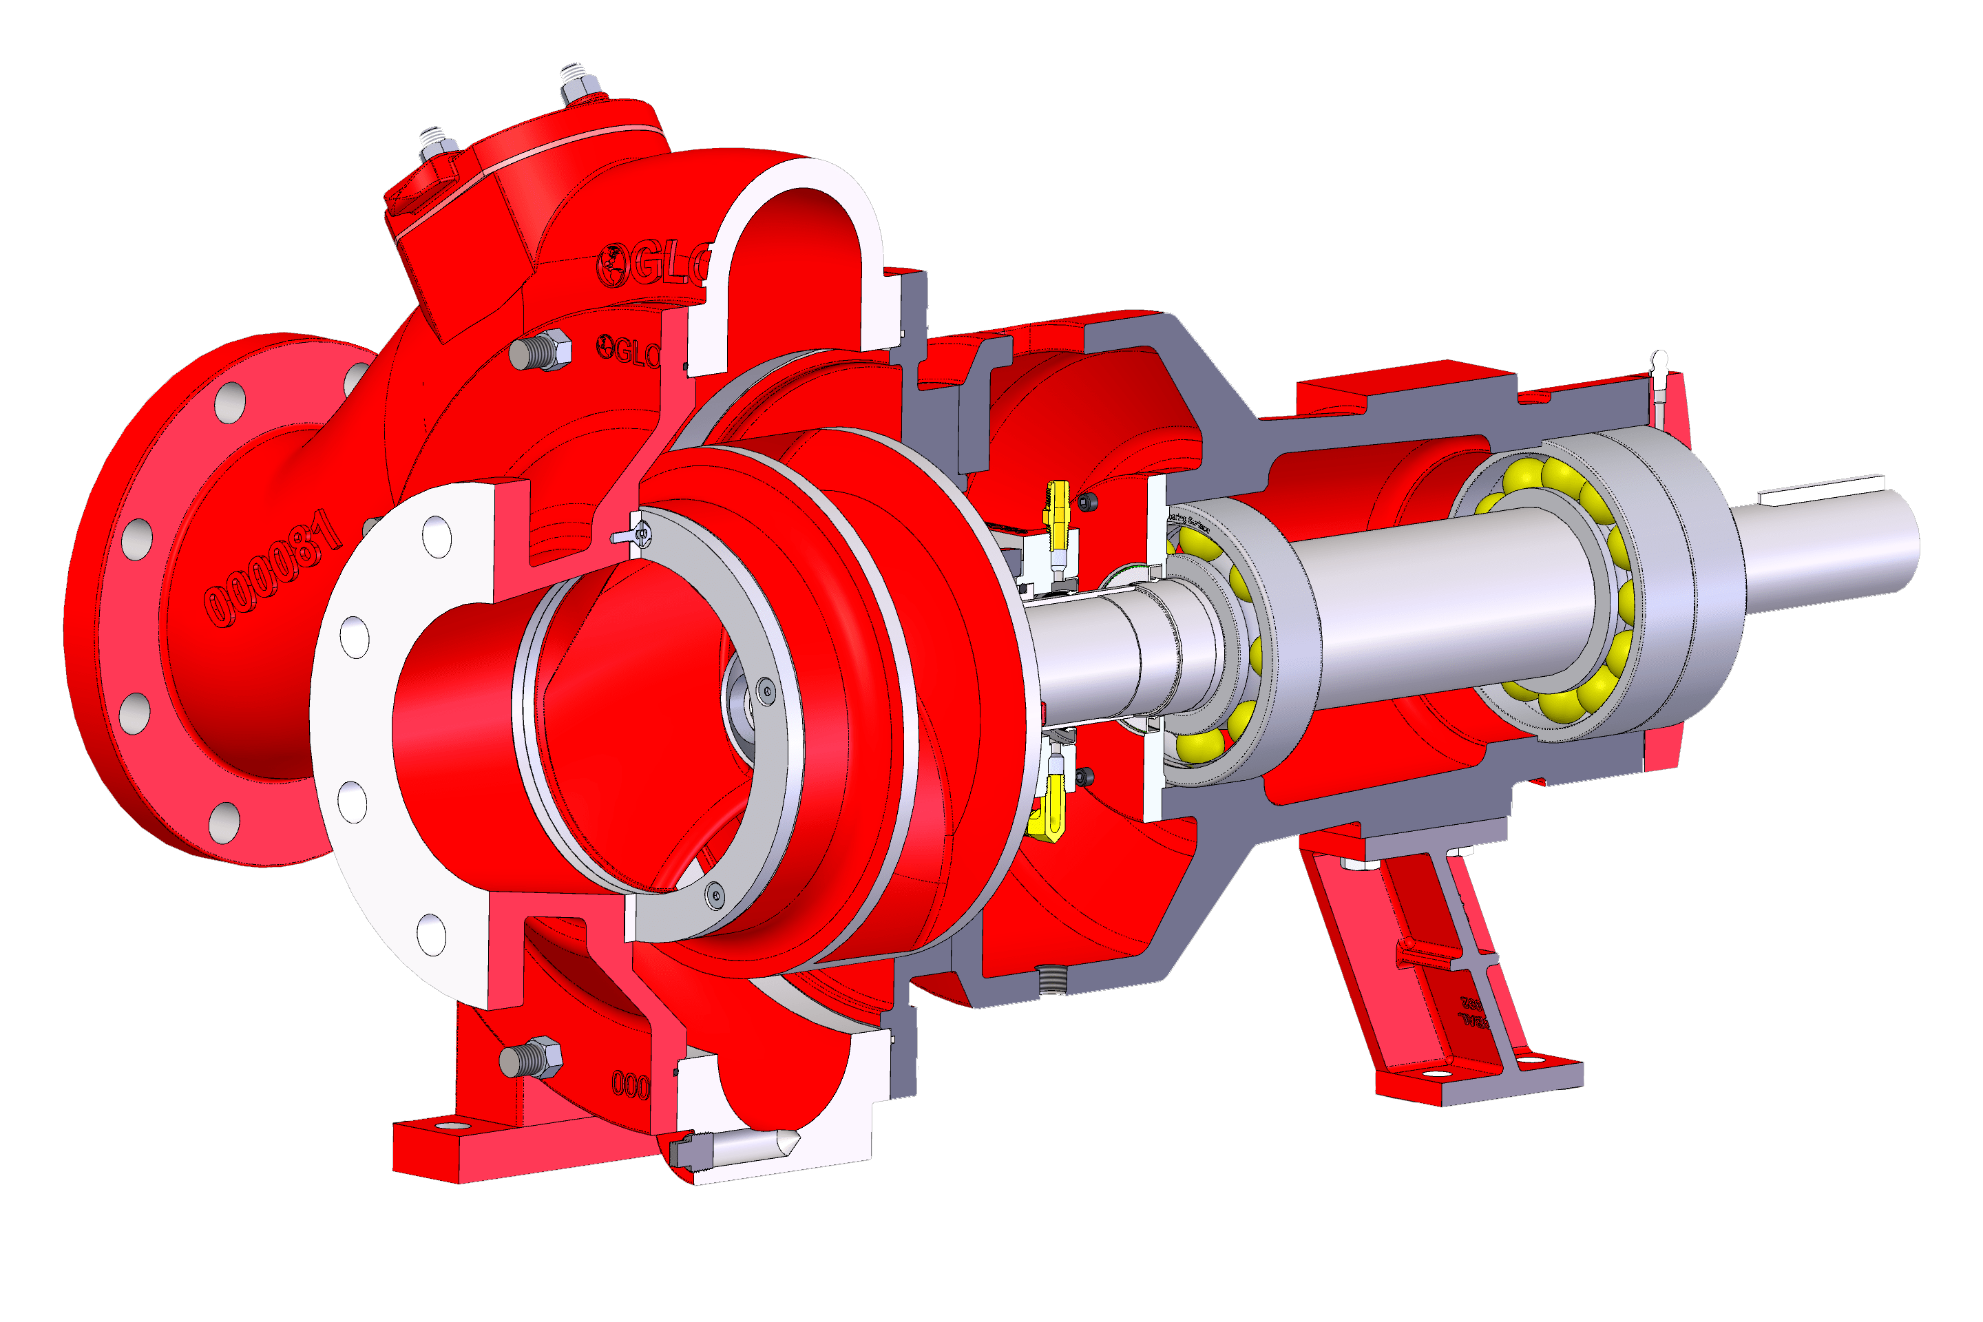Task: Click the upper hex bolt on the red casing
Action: click(x=542, y=350)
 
